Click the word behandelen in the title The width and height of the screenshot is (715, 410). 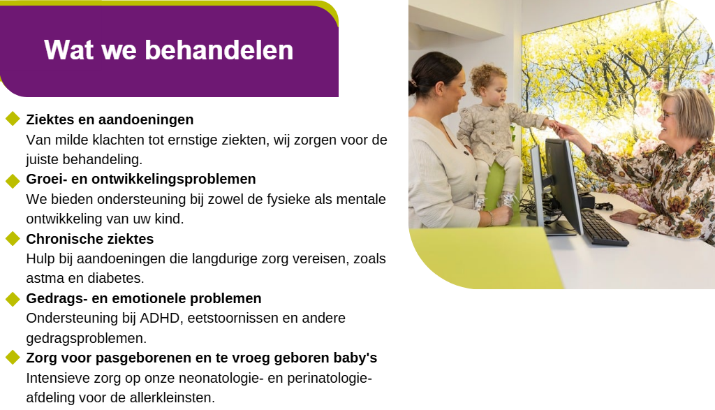click(219, 50)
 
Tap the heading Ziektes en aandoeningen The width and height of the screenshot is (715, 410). click(110, 119)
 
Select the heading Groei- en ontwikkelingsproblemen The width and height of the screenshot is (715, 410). click(141, 180)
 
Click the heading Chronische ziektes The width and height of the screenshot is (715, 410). click(90, 238)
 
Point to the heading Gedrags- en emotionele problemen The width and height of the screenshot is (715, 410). click(144, 298)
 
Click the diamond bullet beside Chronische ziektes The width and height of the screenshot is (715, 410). click(13, 238)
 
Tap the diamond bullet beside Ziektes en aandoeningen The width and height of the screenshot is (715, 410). click(13, 119)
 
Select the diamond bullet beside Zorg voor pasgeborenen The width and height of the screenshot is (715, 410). click(13, 357)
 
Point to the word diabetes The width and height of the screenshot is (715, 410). click(115, 278)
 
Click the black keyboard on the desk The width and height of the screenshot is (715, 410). click(604, 227)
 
